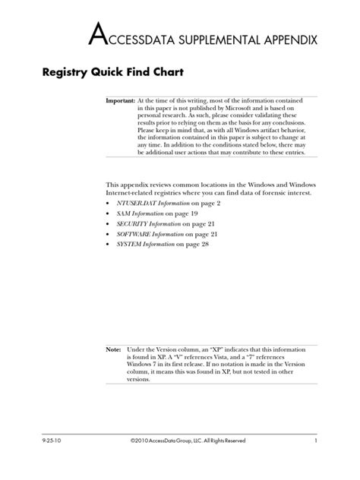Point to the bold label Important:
pos(120,100)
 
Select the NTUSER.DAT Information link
pos(150,204)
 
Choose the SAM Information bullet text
pos(141,215)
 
